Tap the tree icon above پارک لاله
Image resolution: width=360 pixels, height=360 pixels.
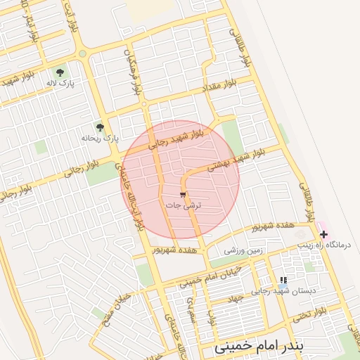60,72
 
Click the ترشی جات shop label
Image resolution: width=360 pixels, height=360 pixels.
184,205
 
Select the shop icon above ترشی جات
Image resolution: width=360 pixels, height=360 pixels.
184,194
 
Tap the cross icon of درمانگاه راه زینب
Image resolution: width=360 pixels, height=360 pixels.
323,233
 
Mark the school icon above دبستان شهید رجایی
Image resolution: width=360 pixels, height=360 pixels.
283,280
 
